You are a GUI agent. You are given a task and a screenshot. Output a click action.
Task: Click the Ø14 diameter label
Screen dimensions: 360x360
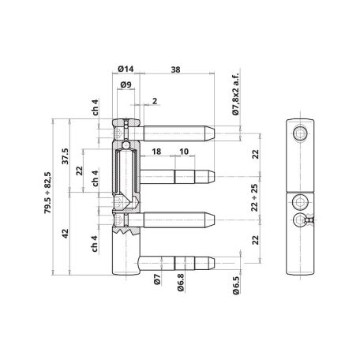pyautogui.click(x=126, y=69)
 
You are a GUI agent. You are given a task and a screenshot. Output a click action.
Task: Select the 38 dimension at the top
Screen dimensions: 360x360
pyautogui.click(x=175, y=69)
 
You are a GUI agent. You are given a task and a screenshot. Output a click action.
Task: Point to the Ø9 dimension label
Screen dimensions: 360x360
pyautogui.click(x=126, y=84)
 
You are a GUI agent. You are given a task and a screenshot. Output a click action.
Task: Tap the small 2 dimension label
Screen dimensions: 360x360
pyautogui.click(x=155, y=101)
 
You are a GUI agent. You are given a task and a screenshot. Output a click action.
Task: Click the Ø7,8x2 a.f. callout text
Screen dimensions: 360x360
pyautogui.click(x=235, y=94)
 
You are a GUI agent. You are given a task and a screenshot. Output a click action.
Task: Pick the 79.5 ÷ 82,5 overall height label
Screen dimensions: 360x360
pyautogui.click(x=48, y=193)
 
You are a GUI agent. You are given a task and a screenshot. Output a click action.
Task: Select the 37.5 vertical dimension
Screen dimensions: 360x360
pyautogui.click(x=65, y=156)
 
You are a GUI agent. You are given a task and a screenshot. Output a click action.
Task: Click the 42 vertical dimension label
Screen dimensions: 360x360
pyautogui.click(x=65, y=234)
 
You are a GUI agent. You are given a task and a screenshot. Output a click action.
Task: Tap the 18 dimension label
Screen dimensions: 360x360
pyautogui.click(x=156, y=152)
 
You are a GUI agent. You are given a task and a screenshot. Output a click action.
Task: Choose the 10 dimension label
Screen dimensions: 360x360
pyautogui.click(x=184, y=152)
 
